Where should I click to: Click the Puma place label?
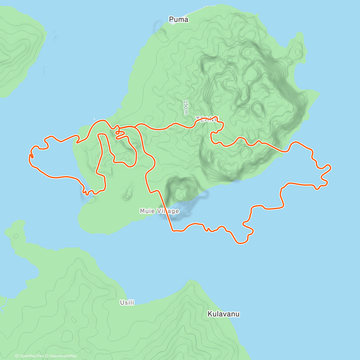[178, 19]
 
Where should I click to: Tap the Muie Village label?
[159, 211]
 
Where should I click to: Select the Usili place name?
[127, 303]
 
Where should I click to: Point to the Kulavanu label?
[223, 314]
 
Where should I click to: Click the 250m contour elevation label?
[186, 107]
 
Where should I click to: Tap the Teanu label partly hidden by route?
[207, 119]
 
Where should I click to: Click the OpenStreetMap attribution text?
[63, 356]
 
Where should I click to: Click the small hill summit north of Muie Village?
[181, 195]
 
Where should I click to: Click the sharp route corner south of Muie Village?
[173, 230]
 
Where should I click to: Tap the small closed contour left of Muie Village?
[128, 192]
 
